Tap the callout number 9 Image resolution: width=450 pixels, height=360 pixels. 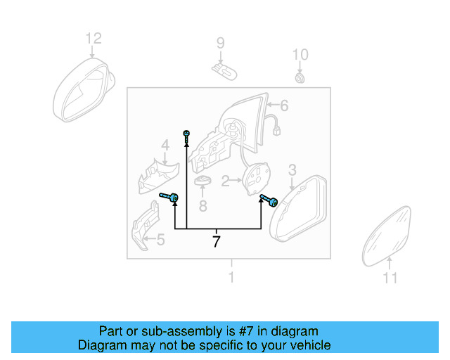click(220, 44)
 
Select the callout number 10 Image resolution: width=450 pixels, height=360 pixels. click(300, 54)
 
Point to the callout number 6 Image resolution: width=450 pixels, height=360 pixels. click(284, 106)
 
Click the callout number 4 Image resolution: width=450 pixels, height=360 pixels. click(165, 146)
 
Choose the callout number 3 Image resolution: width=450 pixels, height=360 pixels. click(292, 169)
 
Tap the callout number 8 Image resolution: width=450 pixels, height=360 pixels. click(202, 206)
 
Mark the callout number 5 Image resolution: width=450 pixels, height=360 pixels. click(160, 240)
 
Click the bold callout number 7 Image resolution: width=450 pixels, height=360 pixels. click(217, 242)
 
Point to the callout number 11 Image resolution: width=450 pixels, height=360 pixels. click(390, 278)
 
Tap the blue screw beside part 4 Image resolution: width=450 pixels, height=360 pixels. click(169, 198)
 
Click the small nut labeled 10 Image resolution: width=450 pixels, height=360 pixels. click(300, 77)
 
